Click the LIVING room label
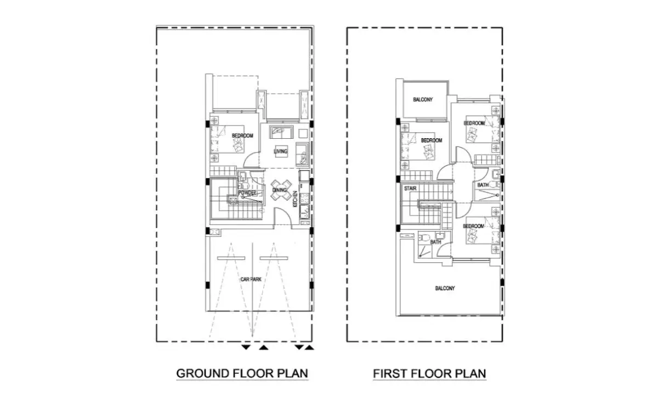(281, 151)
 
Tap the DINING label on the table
(279, 190)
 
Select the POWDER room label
(247, 192)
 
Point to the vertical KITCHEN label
(295, 199)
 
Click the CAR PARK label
(251, 279)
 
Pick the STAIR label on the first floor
(410, 188)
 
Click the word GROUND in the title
(202, 373)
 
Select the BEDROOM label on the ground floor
(242, 135)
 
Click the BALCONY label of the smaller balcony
(423, 100)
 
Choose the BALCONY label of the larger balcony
(445, 288)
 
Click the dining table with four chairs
(281, 190)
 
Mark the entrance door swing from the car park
(282, 217)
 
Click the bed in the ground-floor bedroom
(227, 139)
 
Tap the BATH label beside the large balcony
(435, 242)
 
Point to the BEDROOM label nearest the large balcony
(473, 226)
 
